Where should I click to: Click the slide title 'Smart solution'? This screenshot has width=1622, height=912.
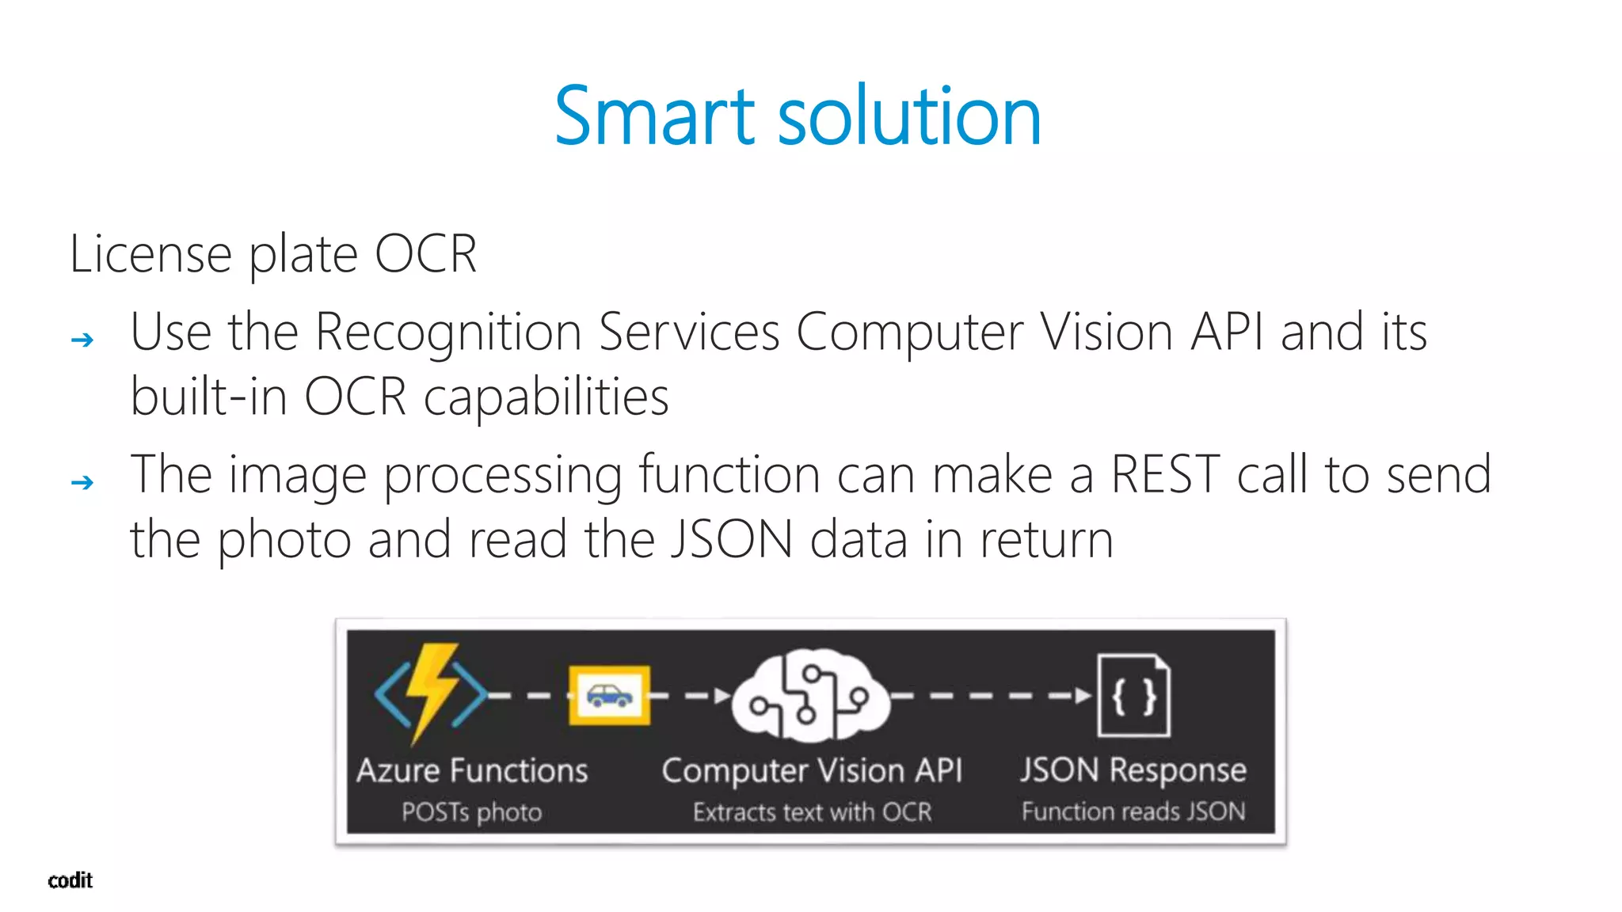798,116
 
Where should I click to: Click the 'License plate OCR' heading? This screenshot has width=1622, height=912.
273,254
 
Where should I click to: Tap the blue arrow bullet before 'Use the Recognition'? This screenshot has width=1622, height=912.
82,340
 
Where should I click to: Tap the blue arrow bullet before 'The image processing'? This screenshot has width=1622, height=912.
82,482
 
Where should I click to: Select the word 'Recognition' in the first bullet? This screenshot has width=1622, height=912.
448,332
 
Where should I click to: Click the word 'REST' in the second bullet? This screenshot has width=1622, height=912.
1165,475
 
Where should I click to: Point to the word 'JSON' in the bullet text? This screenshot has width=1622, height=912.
732,540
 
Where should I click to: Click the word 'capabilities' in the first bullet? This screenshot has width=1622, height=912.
546,397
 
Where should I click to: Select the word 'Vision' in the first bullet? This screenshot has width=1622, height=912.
1106,332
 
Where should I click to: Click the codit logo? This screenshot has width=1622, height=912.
70,880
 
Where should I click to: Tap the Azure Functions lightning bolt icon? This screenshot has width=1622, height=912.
431,693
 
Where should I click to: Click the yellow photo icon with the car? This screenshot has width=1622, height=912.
609,696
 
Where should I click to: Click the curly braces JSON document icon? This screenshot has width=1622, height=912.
1133,696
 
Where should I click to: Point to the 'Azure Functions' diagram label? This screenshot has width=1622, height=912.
472,770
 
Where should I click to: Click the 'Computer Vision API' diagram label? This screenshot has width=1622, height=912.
812,770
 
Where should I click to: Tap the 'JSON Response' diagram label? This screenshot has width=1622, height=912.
1133,770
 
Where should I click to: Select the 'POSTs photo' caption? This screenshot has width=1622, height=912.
471,812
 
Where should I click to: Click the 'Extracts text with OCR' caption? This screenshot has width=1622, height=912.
812,812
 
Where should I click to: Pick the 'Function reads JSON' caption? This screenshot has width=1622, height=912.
1133,811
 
